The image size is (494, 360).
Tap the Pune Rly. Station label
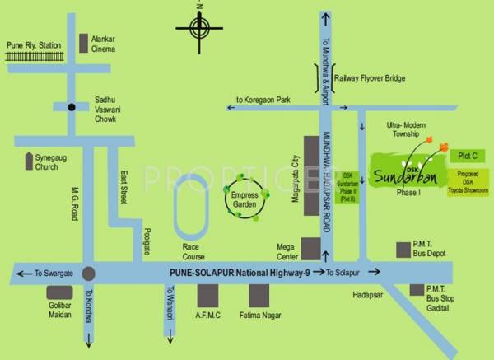[33, 45]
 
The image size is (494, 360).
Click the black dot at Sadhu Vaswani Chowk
[72, 107]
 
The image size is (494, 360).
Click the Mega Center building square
[311, 248]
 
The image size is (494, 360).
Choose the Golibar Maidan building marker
[59, 293]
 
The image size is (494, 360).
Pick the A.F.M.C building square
[208, 295]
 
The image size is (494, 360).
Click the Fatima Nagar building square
[259, 295]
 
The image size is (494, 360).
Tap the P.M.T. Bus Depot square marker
[403, 248]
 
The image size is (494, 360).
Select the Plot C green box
[462, 154]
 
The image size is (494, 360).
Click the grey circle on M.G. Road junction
[88, 273]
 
